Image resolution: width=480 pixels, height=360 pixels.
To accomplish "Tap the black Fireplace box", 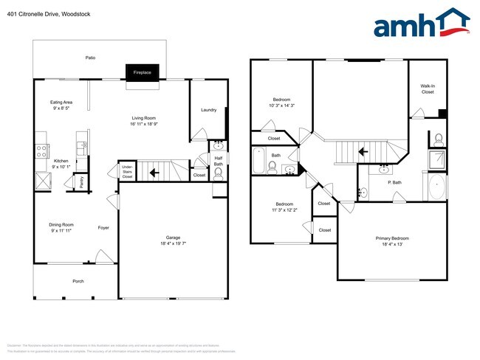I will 142,72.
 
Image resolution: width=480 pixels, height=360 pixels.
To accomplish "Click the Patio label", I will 90,58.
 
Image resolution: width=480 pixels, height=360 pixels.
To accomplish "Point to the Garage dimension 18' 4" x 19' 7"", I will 172,244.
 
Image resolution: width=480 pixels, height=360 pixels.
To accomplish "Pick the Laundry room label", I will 209,110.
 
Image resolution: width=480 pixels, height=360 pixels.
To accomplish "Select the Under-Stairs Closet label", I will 127,173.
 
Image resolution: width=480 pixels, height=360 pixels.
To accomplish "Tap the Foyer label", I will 103,228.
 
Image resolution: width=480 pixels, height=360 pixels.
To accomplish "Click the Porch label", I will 78,281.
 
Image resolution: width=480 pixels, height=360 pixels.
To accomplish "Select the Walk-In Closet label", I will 428,89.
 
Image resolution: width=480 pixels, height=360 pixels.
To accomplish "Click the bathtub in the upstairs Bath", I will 259,161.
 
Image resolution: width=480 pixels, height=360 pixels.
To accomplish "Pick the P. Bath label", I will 394,182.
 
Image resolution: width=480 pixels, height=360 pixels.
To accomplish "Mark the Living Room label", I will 144,117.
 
